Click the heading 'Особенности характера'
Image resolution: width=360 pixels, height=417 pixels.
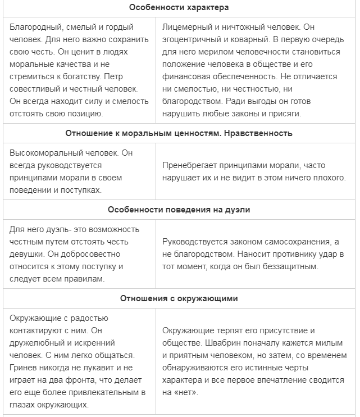coord(179,7)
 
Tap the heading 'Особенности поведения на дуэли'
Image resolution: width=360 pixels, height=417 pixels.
coord(179,210)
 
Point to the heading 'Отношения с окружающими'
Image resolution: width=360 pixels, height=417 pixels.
coord(179,298)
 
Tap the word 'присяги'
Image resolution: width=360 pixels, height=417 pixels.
coord(285,114)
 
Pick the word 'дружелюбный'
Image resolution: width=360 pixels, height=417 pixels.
coord(36,342)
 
